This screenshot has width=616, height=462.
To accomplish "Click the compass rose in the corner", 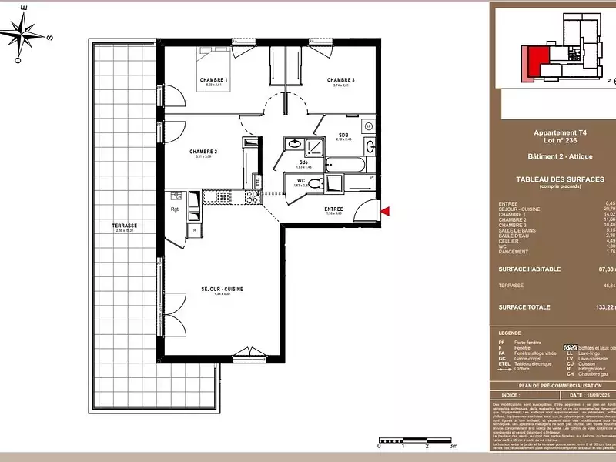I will point(26,30).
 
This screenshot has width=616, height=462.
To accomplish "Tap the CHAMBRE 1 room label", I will point(213,80).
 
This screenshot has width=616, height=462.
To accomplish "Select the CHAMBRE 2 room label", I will point(203,152).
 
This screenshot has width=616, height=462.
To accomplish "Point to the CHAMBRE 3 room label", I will point(340,80).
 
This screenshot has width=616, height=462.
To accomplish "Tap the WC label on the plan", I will point(301,181).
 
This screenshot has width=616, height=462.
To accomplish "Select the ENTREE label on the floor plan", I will point(333,209).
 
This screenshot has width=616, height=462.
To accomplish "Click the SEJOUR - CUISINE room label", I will point(223,289).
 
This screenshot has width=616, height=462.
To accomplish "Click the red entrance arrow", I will point(387,210).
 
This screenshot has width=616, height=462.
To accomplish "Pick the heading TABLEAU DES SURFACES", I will point(559,179).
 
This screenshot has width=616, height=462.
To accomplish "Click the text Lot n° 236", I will point(559,141).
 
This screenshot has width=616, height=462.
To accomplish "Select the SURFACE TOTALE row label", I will point(523,306).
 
